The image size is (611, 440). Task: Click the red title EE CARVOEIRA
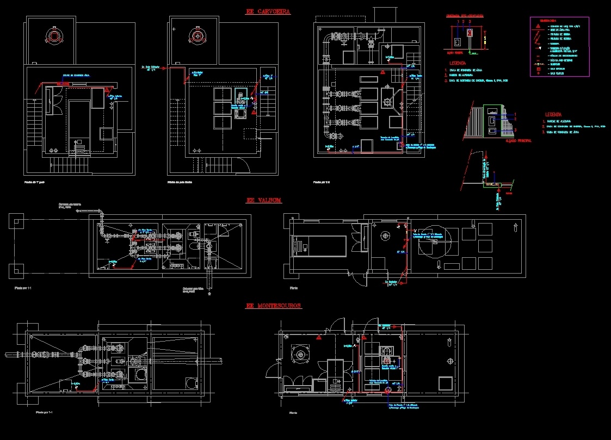pyautogui.click(x=268, y=11)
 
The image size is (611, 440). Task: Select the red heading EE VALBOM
pyautogui.click(x=264, y=200)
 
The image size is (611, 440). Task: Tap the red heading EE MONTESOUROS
pyautogui.click(x=274, y=306)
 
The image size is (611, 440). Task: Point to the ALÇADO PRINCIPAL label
pyautogui.click(x=518, y=141)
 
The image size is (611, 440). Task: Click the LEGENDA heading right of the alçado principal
pyautogui.click(x=554, y=115)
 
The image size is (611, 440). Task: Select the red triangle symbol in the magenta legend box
pyautogui.click(x=538, y=26)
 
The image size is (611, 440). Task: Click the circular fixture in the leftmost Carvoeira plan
pyautogui.click(x=54, y=36)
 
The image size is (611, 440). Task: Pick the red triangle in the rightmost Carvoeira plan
pyautogui.click(x=383, y=72)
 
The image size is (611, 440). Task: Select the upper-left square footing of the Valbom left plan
pyautogui.click(x=16, y=221)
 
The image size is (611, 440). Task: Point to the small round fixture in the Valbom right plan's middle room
pyautogui.click(x=386, y=236)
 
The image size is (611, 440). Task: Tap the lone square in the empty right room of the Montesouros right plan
pyautogui.click(x=446, y=383)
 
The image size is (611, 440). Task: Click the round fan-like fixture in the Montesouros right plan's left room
pyautogui.click(x=299, y=354)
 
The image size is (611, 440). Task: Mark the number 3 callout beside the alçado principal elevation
pyautogui.click(x=515, y=129)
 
